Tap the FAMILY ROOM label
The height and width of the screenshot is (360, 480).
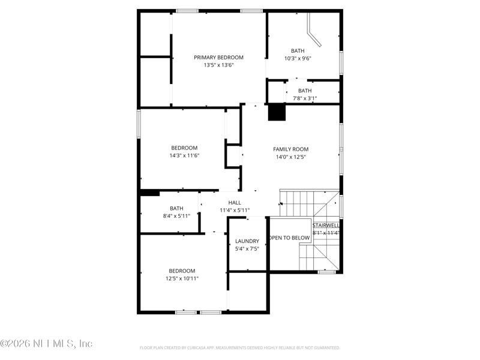tap(291, 149)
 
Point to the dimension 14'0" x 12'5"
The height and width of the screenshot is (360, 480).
tap(291, 157)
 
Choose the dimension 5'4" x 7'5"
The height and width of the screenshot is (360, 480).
tap(247, 248)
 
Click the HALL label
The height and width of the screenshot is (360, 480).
tap(235, 203)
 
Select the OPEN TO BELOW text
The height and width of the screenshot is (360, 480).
tap(289, 238)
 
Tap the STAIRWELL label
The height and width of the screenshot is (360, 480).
tap(326, 226)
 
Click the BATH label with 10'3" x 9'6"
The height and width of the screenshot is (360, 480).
tap(298, 51)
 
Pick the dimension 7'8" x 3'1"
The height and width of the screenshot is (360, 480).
tap(305, 98)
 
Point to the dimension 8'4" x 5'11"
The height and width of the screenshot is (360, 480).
tap(176, 216)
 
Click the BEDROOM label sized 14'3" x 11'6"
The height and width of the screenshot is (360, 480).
tap(184, 148)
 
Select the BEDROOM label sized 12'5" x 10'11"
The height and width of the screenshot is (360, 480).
tap(182, 271)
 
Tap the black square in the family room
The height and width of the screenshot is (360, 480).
tap(276, 112)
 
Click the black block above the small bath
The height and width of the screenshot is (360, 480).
tap(149, 193)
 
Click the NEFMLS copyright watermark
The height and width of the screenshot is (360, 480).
tap(47, 344)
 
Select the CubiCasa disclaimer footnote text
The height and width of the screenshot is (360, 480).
tap(240, 347)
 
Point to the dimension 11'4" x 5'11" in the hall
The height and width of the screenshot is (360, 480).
tap(235, 211)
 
